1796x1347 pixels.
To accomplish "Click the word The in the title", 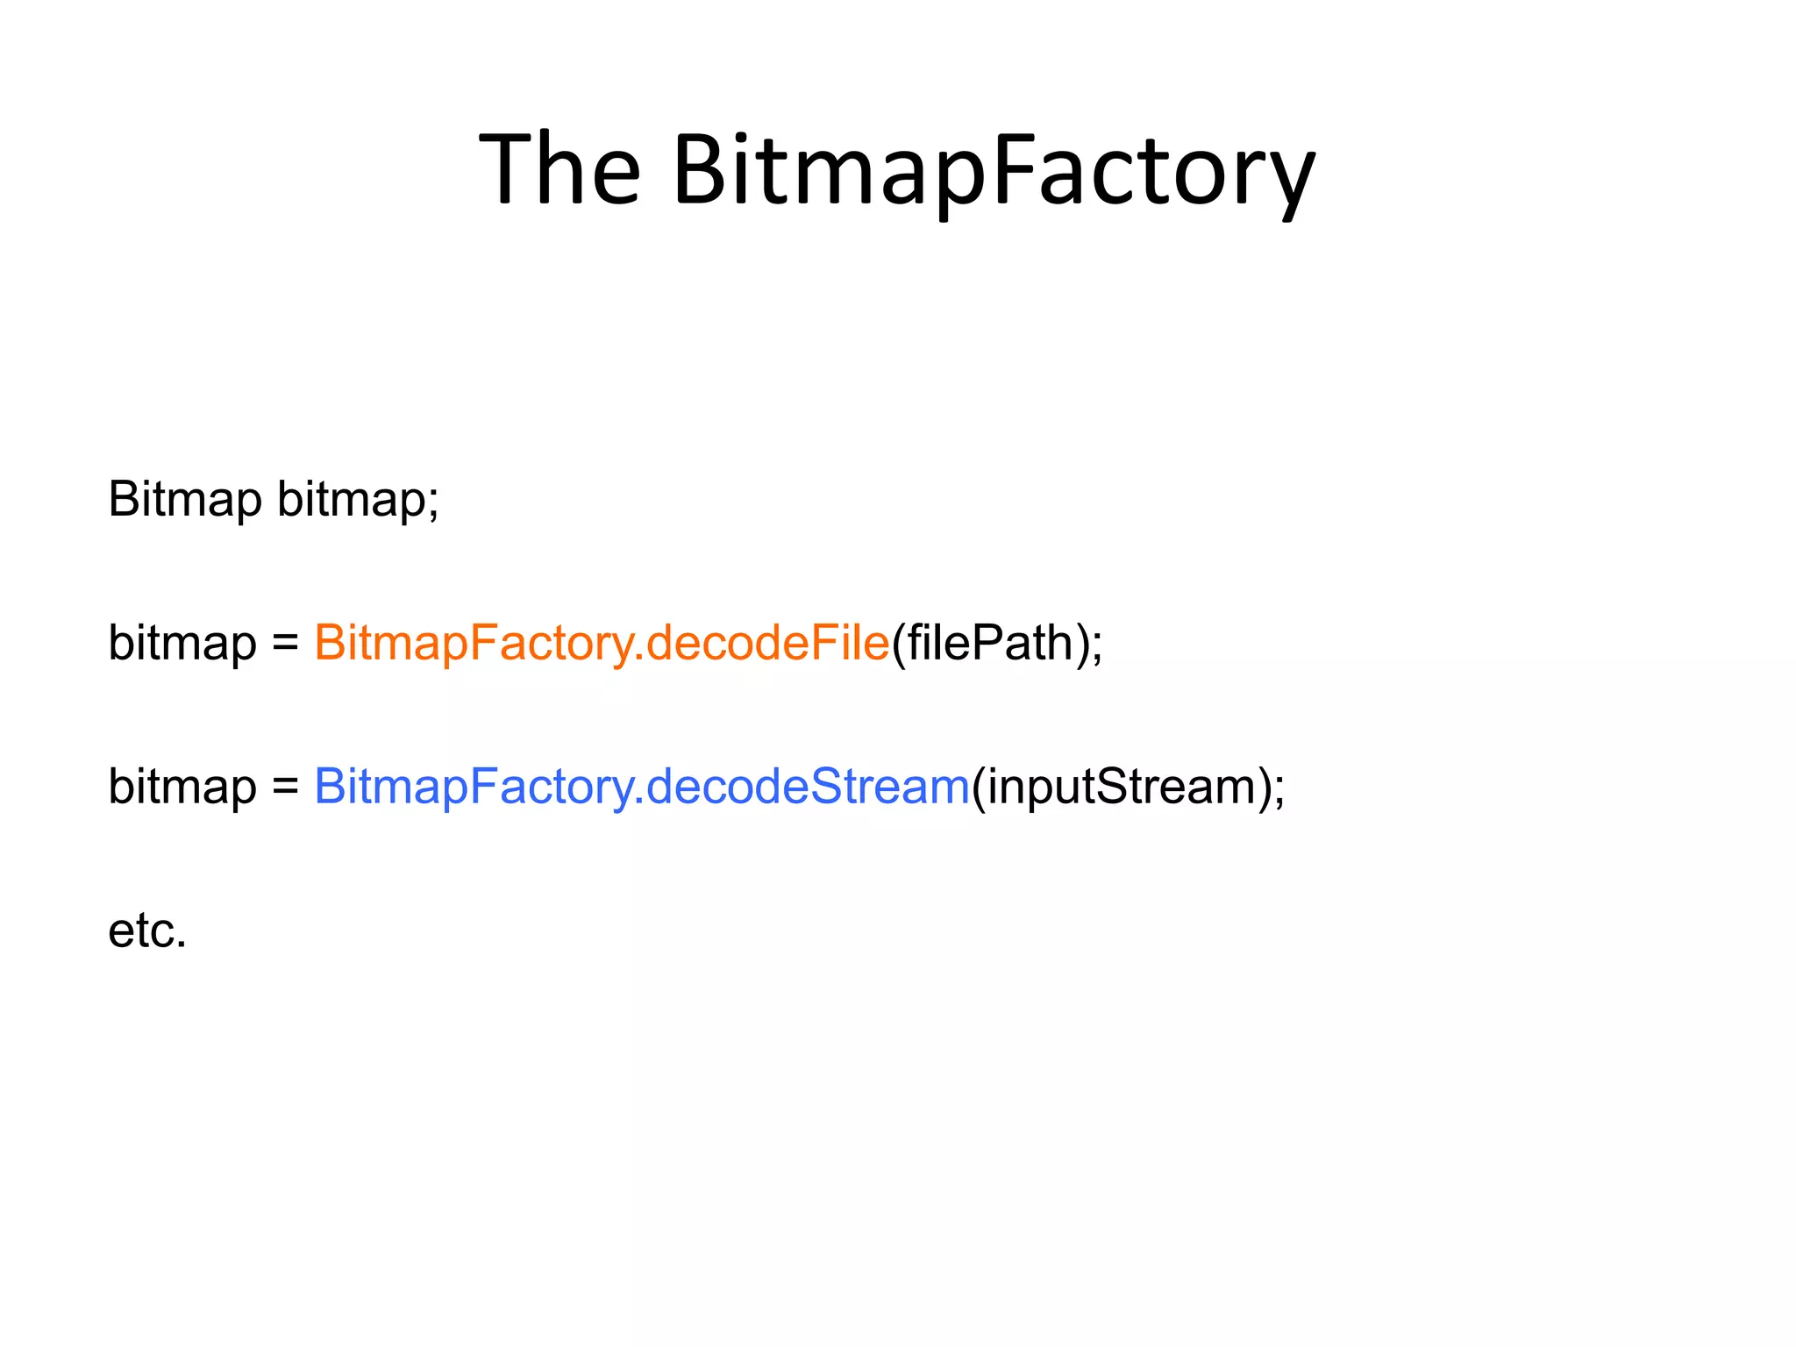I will [x=560, y=168].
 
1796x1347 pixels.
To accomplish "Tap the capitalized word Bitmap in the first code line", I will [x=184, y=499].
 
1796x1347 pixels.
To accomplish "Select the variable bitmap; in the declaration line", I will [x=358, y=501].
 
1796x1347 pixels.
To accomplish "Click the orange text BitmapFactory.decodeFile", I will [x=602, y=643].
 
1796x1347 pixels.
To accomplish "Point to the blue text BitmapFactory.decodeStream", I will [x=642, y=786].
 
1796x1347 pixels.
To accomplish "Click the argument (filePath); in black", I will [x=997, y=643].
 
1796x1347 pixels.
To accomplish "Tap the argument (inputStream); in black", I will [x=1128, y=787].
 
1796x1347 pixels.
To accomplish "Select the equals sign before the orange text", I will [x=285, y=643].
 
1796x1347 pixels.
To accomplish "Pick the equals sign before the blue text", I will [x=285, y=787].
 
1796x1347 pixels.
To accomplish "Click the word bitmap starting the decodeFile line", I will [x=182, y=643].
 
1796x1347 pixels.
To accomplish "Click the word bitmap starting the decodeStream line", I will [x=182, y=787].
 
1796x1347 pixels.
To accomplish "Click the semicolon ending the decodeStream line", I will [x=1279, y=790].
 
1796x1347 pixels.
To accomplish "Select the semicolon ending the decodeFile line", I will [x=1097, y=647].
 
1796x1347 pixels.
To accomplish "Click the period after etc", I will [x=182, y=944].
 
